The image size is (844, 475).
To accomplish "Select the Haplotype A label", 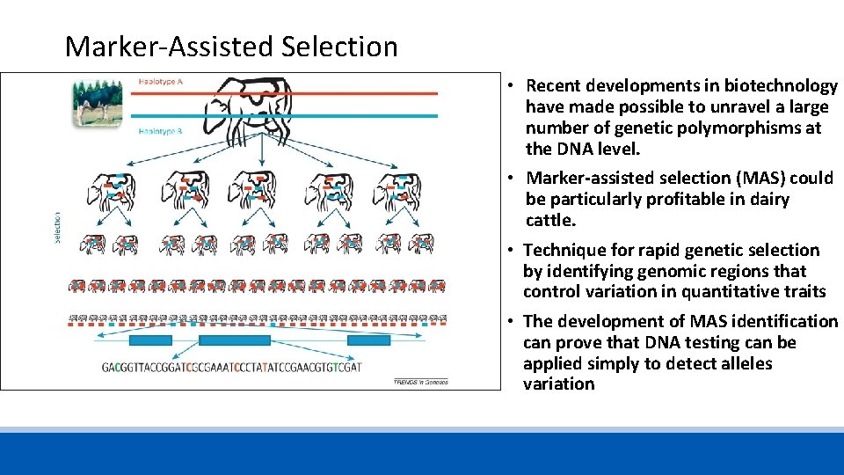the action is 160,82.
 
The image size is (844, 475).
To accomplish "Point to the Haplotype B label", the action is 160,132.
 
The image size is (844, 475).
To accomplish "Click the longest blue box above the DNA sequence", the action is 234,340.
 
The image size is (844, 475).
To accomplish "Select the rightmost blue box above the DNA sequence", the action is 368,340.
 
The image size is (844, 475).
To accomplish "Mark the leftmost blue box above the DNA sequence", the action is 150,340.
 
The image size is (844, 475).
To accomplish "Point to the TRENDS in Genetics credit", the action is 420,381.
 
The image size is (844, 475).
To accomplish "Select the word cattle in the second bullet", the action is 550,220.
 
